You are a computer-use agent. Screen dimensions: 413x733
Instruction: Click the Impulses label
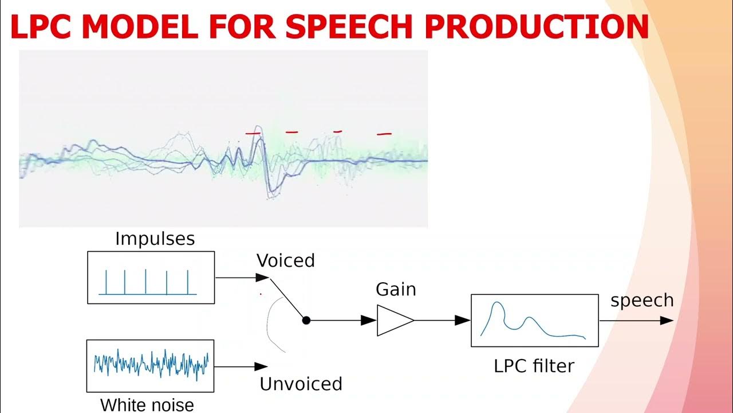(x=155, y=239)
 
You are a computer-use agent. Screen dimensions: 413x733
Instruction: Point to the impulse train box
(x=151, y=277)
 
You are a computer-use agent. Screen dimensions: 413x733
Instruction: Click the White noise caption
(x=147, y=405)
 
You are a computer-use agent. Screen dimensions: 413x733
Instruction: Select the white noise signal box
(x=150, y=365)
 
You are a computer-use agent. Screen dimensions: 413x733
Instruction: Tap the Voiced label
(x=285, y=261)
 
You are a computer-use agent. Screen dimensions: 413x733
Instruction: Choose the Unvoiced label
(x=301, y=384)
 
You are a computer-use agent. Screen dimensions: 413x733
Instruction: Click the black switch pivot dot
(x=306, y=321)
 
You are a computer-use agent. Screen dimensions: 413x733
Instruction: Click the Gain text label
(x=396, y=290)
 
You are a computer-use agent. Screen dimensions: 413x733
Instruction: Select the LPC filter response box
(x=534, y=320)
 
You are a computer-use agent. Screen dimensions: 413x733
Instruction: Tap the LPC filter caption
(x=534, y=366)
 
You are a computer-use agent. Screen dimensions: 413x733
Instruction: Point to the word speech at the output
(x=641, y=300)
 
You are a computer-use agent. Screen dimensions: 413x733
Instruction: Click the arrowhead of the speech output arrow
(x=667, y=321)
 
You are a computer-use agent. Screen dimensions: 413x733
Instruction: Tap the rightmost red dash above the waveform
(x=384, y=134)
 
